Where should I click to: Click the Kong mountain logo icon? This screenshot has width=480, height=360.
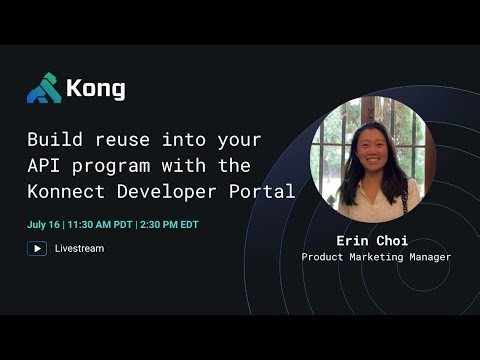(x=43, y=89)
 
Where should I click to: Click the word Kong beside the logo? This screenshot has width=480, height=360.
(x=96, y=89)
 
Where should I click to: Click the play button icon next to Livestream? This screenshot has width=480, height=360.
(x=37, y=248)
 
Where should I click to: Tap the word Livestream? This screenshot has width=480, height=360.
(x=79, y=248)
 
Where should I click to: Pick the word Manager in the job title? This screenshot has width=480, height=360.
(x=430, y=257)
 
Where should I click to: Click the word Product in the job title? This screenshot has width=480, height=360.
(x=322, y=257)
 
